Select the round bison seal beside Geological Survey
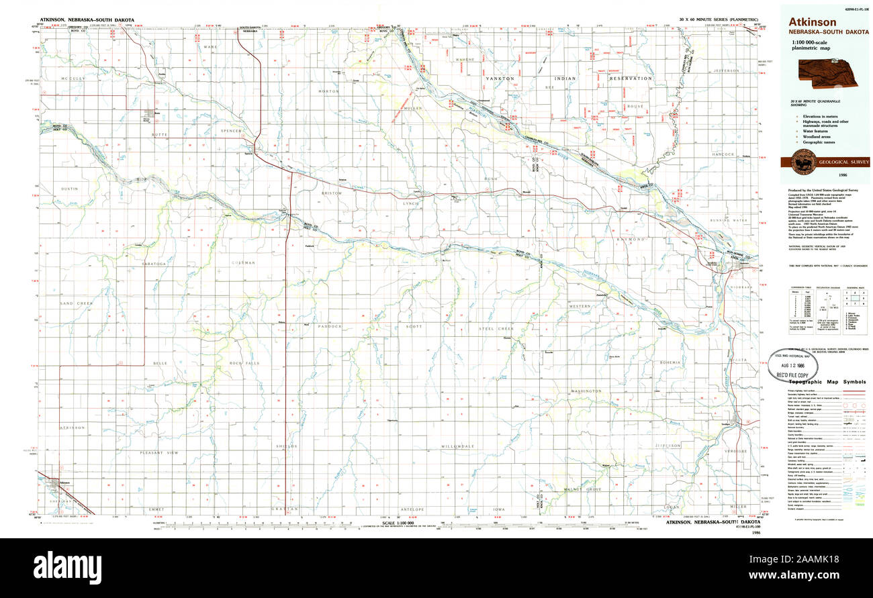pos(804,162)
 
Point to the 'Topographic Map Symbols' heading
pos(827,381)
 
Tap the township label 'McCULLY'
pos(72,79)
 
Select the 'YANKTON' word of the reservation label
pos(500,79)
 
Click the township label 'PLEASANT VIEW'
pos(159,453)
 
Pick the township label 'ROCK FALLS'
pos(244,363)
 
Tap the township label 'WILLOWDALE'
pos(458,446)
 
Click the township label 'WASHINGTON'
pos(586,391)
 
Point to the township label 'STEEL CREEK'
pos(496,329)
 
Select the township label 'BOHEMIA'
pos(670,362)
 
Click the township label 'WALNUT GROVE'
pos(583,490)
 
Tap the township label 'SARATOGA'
pos(153,264)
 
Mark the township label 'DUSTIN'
pos(70,189)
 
